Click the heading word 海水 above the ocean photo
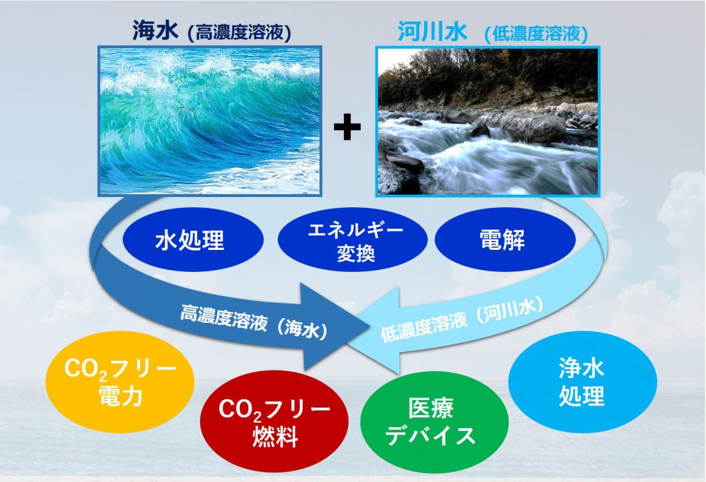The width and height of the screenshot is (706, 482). tap(156, 32)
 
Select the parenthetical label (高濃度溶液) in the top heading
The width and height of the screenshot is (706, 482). tap(239, 33)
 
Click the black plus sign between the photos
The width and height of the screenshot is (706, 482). tap(347, 127)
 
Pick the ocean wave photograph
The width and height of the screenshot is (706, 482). tap(210, 121)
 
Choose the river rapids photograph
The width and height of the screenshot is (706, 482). tap(487, 121)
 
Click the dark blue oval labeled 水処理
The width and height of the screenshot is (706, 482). tap(190, 240)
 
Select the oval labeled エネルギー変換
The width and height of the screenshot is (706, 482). tap(352, 240)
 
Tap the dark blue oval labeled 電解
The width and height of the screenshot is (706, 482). tap(505, 240)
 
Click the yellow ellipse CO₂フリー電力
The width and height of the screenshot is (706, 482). tap(120, 382)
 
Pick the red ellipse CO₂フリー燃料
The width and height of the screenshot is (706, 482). tap(274, 421)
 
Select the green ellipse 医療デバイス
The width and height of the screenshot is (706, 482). tap(435, 421)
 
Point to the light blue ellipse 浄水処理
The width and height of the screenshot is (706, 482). tap(583, 382)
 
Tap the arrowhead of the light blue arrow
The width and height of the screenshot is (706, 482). tap(374, 330)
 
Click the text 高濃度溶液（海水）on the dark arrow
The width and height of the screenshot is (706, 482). tap(254, 322)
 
